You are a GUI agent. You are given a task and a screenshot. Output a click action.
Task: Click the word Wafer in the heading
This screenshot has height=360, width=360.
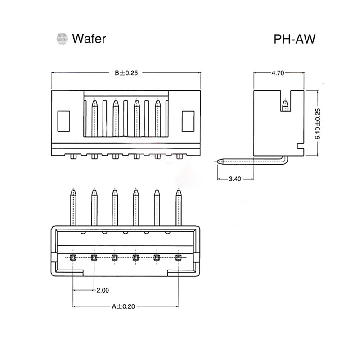89,39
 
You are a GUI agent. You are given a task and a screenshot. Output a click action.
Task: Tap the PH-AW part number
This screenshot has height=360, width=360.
295,39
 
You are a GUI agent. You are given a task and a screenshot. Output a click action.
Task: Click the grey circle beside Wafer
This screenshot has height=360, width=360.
62,39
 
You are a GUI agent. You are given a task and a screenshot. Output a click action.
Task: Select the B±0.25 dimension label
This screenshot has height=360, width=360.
126,73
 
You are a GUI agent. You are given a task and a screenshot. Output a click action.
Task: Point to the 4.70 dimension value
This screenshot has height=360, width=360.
278,73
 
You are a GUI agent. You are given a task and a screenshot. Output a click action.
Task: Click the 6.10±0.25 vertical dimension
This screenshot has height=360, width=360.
318,124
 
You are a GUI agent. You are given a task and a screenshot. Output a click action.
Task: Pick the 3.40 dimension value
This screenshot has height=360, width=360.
235,179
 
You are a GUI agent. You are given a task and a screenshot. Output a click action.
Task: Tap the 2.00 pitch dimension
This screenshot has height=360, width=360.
103,290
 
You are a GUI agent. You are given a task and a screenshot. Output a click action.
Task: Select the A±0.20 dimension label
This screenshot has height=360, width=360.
123,306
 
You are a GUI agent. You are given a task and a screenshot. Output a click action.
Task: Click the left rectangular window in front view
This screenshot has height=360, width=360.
63,121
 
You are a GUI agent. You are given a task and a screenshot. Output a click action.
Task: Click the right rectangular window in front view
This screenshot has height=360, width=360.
188,121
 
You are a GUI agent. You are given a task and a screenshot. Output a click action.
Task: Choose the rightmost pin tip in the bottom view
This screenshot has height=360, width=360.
178,192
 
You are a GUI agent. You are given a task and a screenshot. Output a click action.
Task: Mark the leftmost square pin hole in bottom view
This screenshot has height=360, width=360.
73,257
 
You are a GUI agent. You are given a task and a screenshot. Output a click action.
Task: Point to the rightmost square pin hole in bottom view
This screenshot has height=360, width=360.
178,257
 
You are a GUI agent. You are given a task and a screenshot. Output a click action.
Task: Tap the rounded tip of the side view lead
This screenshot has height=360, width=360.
220,162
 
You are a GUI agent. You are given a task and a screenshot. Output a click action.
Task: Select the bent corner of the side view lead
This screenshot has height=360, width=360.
285,160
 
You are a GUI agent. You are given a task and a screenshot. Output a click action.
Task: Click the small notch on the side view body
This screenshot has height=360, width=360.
300,146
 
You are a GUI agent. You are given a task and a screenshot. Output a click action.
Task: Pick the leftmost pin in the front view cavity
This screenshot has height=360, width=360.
94,118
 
